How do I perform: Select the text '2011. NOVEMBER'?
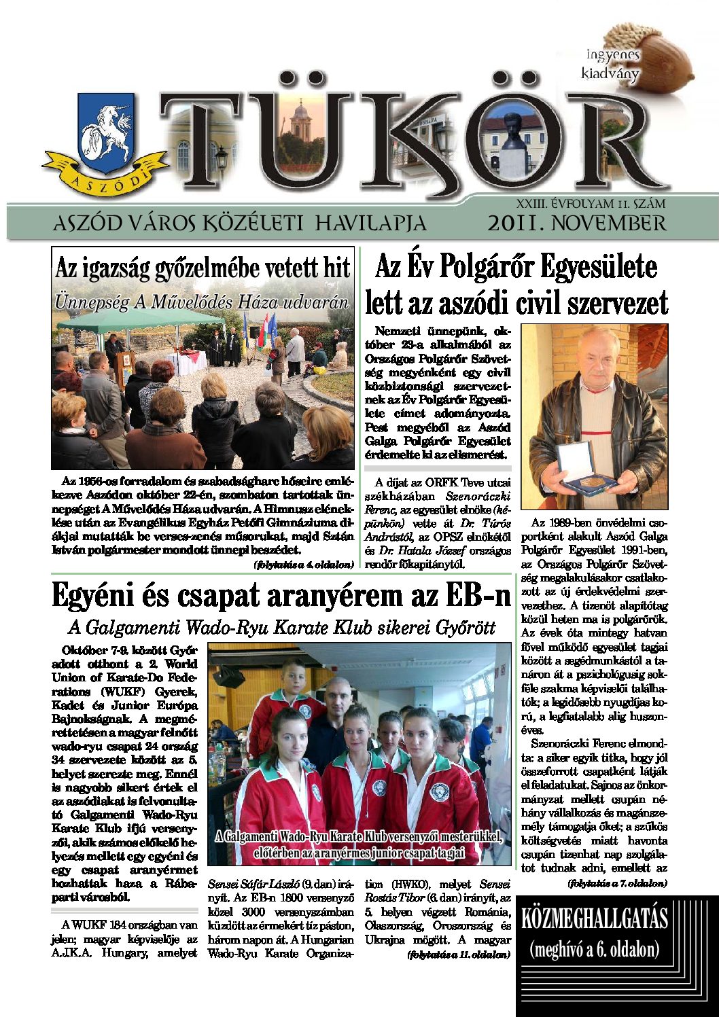[576, 224]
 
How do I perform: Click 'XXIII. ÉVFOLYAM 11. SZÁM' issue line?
[591, 203]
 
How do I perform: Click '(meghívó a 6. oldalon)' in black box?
[594, 948]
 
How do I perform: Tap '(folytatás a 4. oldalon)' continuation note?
[304, 565]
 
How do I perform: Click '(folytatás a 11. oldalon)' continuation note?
[459, 954]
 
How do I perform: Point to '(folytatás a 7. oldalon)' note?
[617, 883]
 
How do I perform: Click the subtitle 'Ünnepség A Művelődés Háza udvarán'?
[203, 302]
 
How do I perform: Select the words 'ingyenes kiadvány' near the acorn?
[611, 64]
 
